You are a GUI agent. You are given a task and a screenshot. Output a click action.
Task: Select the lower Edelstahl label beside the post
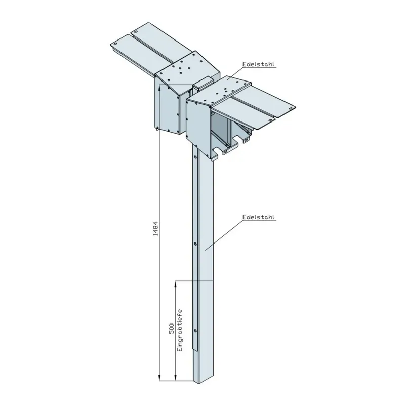pyautogui.click(x=258, y=217)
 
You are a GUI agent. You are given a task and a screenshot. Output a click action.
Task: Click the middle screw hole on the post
pyautogui.click(x=195, y=244)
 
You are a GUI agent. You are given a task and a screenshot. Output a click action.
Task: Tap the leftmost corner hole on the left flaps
pyautogui.click(x=115, y=44)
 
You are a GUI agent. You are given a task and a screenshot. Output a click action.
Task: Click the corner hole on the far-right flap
pyautogui.click(x=290, y=107)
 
